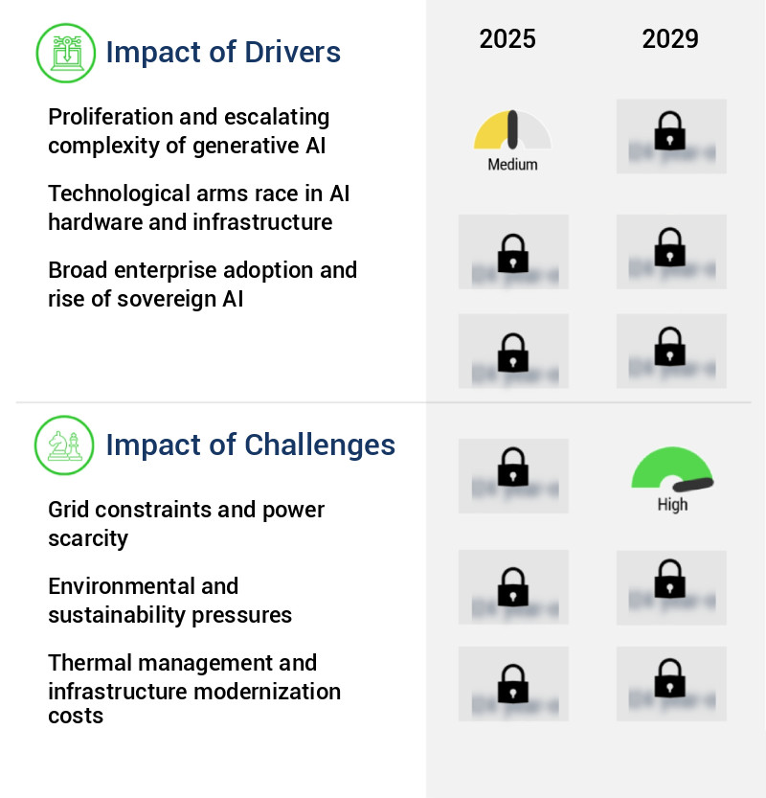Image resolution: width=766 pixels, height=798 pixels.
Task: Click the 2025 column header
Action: tap(507, 39)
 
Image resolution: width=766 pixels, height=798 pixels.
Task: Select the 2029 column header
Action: tap(670, 39)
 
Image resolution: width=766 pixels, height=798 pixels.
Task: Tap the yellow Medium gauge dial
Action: tap(512, 131)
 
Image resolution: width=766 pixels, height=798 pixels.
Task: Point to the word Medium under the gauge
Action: tap(512, 165)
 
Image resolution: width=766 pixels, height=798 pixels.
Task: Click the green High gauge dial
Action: tap(672, 470)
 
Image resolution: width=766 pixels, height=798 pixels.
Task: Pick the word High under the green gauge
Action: tap(672, 505)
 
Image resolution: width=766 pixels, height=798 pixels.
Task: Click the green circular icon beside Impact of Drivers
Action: tap(65, 52)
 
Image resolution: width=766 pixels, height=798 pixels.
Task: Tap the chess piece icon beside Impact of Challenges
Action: tap(64, 445)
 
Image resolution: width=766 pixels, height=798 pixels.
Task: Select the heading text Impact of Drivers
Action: tap(223, 52)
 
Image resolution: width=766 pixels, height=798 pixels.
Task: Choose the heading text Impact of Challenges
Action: tap(250, 445)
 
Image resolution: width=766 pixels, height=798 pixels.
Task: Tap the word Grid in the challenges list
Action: tap(67, 511)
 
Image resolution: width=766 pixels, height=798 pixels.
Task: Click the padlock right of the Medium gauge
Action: tap(670, 131)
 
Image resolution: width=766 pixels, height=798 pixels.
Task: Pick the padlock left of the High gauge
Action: tap(513, 468)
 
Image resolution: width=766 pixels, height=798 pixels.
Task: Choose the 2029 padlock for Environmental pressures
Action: tap(670, 581)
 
